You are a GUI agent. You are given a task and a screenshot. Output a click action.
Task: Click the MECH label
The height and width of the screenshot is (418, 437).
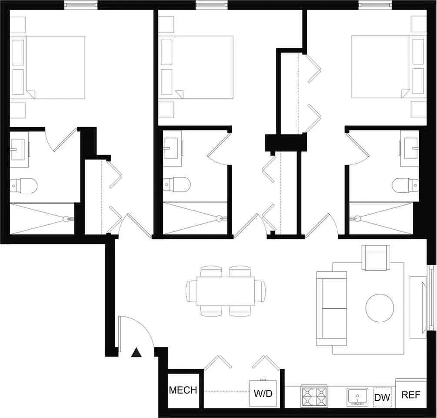click(183, 390)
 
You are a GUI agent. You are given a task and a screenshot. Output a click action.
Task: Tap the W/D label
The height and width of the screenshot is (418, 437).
click(263, 393)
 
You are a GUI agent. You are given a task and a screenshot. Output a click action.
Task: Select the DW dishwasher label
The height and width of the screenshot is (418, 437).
click(382, 397)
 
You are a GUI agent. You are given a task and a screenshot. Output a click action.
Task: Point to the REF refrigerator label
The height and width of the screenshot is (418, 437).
click(411, 395)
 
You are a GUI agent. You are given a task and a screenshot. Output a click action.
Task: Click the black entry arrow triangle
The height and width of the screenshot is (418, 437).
click(136, 353)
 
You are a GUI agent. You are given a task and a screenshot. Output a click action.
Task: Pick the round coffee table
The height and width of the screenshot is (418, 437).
click(380, 308)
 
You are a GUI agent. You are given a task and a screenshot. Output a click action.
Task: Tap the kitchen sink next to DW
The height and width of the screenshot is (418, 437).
click(357, 397)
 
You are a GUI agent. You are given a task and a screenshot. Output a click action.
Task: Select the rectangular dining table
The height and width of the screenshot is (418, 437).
click(226, 291)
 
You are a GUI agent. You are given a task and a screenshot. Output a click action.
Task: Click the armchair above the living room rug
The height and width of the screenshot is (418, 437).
click(376, 257)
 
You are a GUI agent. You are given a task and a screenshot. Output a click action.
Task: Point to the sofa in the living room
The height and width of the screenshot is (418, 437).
click(332, 308)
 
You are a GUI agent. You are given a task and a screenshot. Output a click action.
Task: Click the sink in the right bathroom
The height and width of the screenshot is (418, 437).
click(411, 149)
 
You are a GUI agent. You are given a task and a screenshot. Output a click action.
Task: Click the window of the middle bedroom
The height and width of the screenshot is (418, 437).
click(212, 5)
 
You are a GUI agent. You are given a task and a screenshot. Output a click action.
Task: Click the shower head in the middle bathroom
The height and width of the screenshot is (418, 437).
click(219, 218)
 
